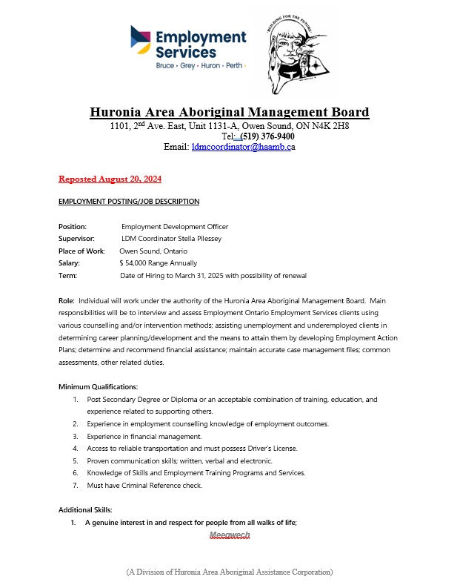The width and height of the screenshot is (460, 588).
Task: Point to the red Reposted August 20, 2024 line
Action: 110,179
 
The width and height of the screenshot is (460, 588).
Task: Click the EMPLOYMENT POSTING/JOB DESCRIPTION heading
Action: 128,202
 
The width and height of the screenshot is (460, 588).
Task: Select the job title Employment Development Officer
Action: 175,226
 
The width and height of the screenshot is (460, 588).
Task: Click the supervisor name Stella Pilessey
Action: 194,239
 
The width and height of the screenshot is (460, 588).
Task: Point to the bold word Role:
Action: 67,300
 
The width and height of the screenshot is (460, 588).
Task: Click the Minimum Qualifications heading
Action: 98,387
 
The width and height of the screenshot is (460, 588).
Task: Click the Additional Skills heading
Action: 85,510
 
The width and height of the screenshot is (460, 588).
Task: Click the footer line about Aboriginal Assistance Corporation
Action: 230,572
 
